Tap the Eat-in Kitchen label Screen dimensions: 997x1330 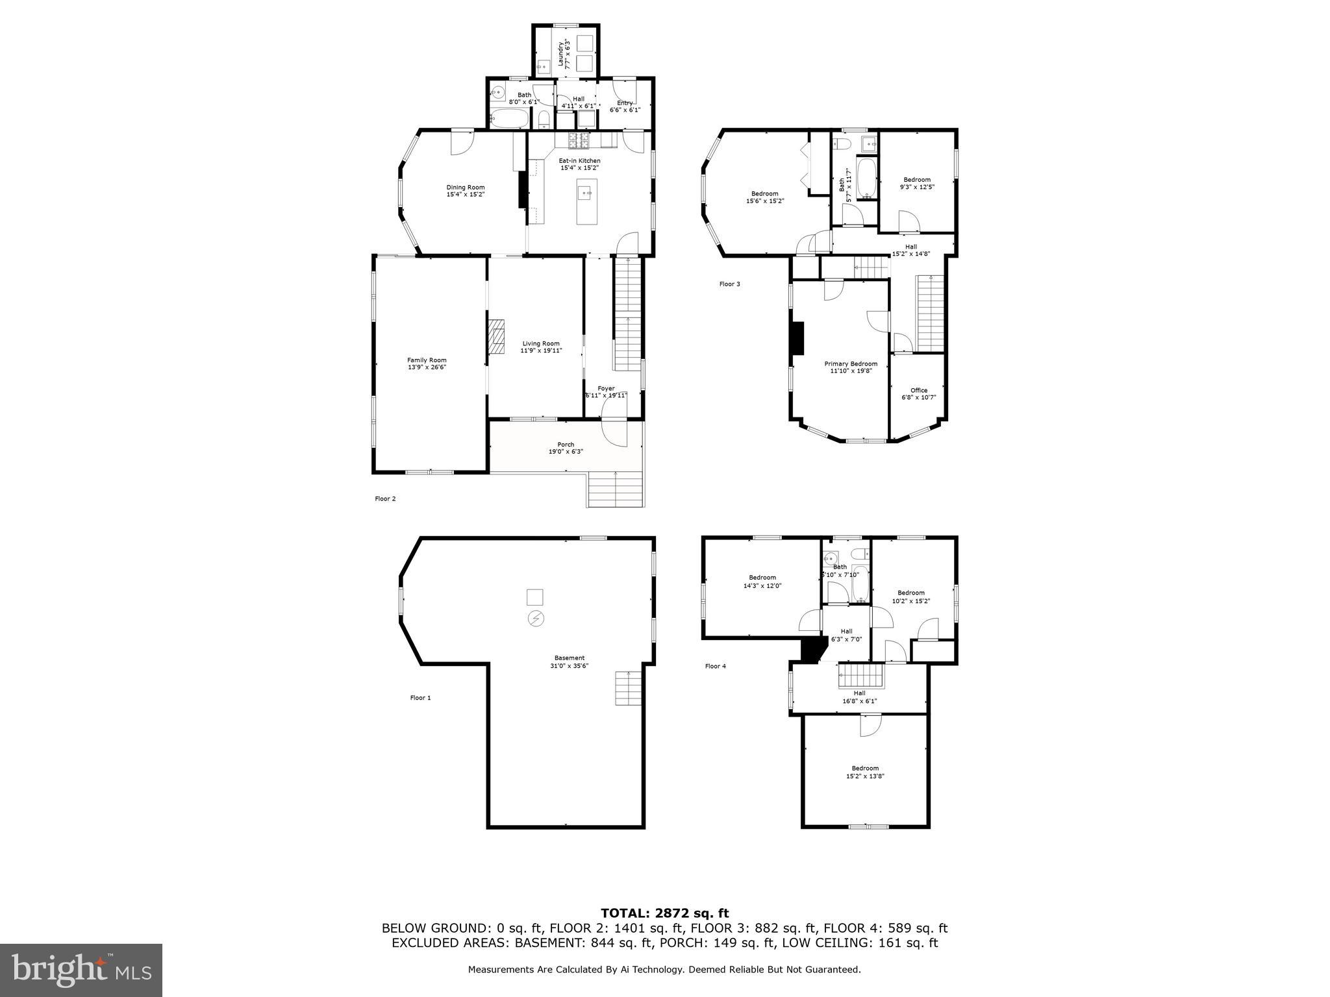point(580,160)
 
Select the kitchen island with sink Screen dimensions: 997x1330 point(586,202)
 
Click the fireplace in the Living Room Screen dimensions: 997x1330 point(497,336)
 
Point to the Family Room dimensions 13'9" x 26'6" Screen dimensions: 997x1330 point(427,367)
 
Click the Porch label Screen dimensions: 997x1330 point(566,445)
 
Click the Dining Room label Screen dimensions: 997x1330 point(465,188)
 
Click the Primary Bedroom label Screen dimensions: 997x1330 point(851,363)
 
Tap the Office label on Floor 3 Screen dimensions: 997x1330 point(918,390)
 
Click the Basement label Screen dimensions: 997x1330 point(570,658)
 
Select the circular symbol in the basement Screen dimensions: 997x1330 point(535,619)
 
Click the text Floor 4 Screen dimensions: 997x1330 point(716,666)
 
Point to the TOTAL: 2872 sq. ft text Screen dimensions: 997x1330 point(664,913)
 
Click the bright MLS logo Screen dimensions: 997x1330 point(81,970)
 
